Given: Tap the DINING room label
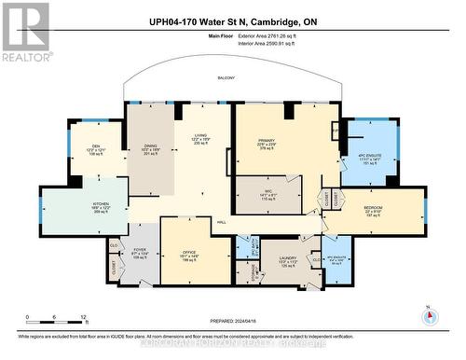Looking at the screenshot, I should point(150,146).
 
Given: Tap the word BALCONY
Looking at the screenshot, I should point(226,78).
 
